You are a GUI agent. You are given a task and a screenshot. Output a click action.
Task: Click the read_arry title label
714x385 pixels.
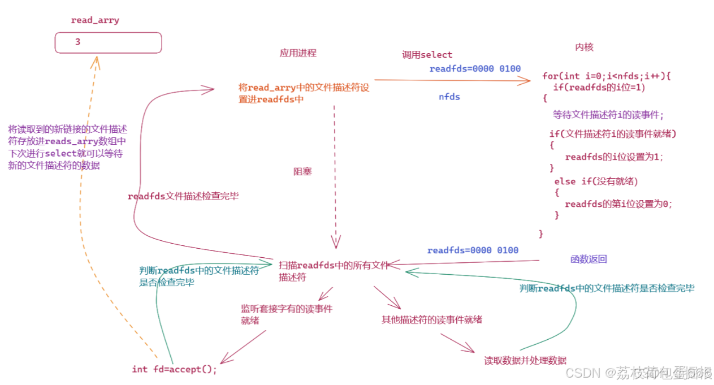coord(95,20)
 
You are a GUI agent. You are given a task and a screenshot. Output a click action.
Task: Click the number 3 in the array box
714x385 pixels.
coord(77,42)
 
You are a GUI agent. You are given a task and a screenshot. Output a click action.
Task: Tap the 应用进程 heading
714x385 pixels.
coord(298,53)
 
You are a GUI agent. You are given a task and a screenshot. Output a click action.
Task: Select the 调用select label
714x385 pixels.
coord(427,55)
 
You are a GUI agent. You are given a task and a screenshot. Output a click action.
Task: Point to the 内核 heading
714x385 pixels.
coord(584,47)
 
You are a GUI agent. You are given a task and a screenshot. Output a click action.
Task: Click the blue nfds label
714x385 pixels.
coord(449,97)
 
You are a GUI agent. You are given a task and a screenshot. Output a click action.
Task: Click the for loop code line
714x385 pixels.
coord(606,76)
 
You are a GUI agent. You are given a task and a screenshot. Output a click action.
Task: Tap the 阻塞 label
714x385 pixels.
coord(302,171)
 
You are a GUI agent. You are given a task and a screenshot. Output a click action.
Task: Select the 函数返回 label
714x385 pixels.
coord(588,259)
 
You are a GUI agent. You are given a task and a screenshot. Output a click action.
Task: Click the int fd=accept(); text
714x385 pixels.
coord(174,369)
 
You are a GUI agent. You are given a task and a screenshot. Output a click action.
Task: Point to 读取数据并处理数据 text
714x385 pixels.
coord(525,361)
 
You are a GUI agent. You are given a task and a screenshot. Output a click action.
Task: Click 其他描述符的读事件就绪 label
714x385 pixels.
coord(432,319)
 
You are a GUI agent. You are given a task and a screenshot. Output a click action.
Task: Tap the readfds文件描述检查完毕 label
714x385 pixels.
coord(183,197)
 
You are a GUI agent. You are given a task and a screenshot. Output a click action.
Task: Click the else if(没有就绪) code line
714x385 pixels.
coord(596,181)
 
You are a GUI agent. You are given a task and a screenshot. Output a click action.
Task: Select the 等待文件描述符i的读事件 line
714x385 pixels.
coord(608,115)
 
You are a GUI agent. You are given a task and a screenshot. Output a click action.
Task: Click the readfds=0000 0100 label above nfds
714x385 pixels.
coord(475,69)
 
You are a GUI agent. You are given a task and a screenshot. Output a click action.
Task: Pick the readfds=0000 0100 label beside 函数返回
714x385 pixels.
coord(473,250)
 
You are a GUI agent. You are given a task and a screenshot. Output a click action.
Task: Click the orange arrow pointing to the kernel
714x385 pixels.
coord(452,81)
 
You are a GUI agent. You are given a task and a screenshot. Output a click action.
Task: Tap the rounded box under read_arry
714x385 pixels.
coord(108,42)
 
